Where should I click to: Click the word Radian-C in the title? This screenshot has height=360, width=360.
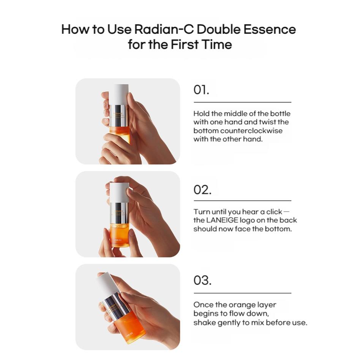[x=164, y=29]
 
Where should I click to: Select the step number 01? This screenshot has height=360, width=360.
[x=201, y=90]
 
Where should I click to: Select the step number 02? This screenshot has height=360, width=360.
[x=202, y=190]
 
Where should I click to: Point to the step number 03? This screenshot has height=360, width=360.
[x=202, y=280]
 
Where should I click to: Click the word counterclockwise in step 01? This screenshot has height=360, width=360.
[x=251, y=131]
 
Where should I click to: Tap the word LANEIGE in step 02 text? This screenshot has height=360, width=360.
[x=222, y=220]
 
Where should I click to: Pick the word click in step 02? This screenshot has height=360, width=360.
[x=274, y=212]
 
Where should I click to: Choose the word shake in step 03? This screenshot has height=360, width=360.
[x=205, y=322]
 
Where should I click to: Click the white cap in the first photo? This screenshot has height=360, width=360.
[x=119, y=95]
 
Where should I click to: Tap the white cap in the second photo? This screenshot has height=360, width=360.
[x=119, y=193]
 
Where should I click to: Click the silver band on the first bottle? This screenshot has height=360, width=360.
[x=119, y=115]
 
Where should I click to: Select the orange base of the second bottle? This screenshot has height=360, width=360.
[x=119, y=235]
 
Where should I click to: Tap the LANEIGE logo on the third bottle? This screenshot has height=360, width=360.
[x=129, y=334]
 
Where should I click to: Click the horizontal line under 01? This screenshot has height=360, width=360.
[x=242, y=102]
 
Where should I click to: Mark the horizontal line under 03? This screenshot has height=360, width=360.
[x=242, y=293]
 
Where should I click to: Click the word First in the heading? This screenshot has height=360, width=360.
[x=185, y=44]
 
